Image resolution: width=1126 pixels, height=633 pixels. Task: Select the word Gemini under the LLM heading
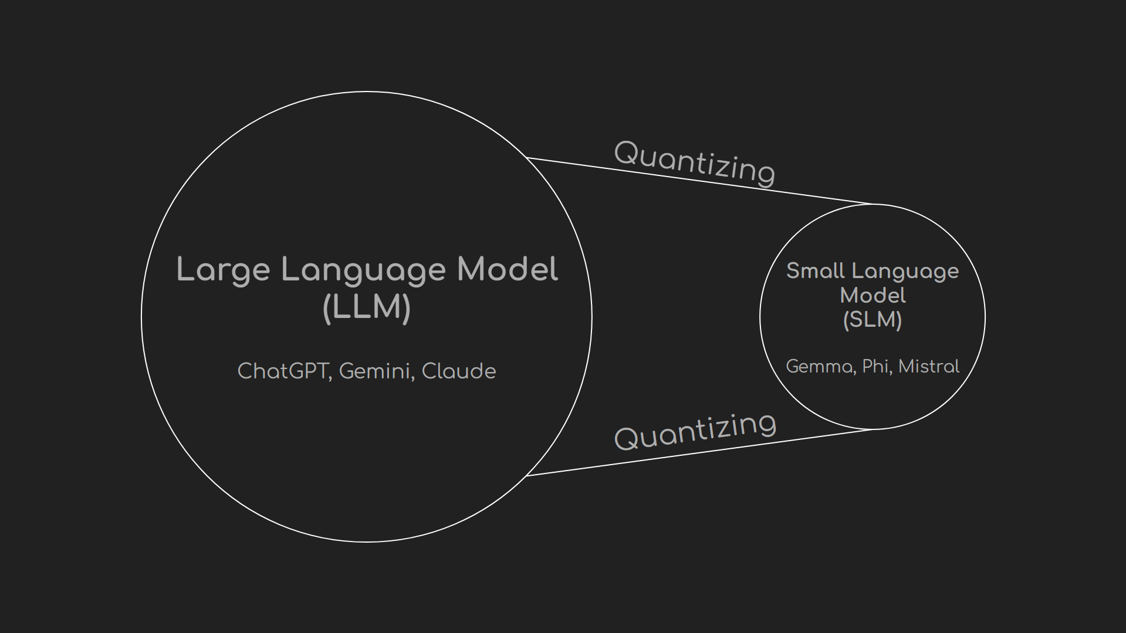374,371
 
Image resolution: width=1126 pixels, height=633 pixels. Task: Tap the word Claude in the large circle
458,371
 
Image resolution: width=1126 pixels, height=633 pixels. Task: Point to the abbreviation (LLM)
367,307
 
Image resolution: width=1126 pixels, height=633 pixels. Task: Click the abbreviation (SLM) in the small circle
872,320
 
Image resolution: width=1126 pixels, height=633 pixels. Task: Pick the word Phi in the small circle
875,367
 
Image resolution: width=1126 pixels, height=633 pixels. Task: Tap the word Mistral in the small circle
928,367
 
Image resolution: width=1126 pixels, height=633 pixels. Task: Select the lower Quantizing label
695,431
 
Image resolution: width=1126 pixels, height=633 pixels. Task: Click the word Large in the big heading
223,270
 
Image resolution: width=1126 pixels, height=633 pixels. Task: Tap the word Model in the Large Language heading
507,270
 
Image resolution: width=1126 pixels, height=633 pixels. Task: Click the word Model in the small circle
873,295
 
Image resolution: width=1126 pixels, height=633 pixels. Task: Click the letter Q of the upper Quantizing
626,153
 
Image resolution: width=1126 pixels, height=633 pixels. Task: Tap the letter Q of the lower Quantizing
626,438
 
